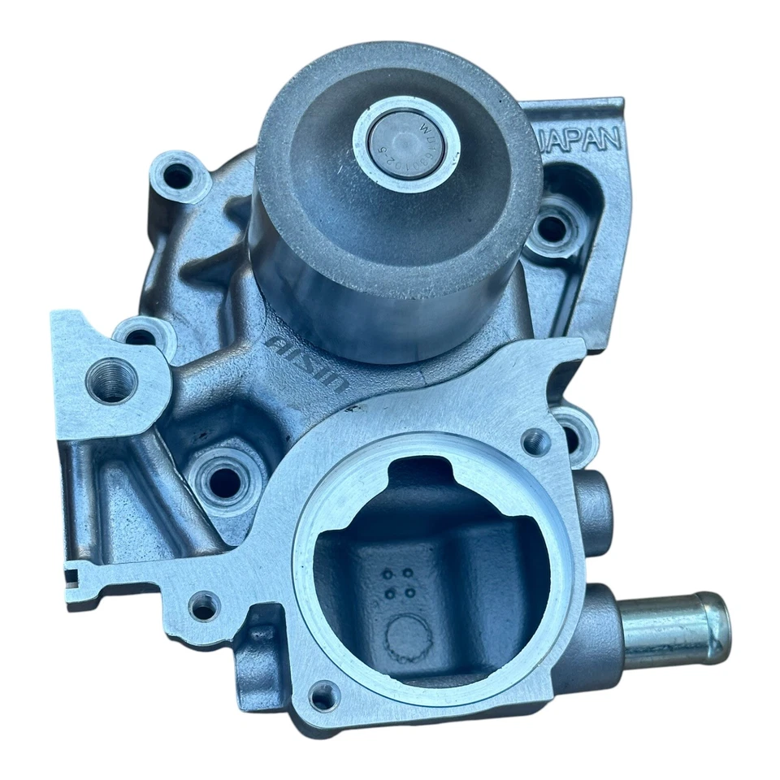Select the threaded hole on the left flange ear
[x=110, y=382]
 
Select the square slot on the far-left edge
[x=73, y=578]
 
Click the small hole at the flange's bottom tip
[x=324, y=695]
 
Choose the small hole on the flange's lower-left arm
[x=203, y=606]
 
